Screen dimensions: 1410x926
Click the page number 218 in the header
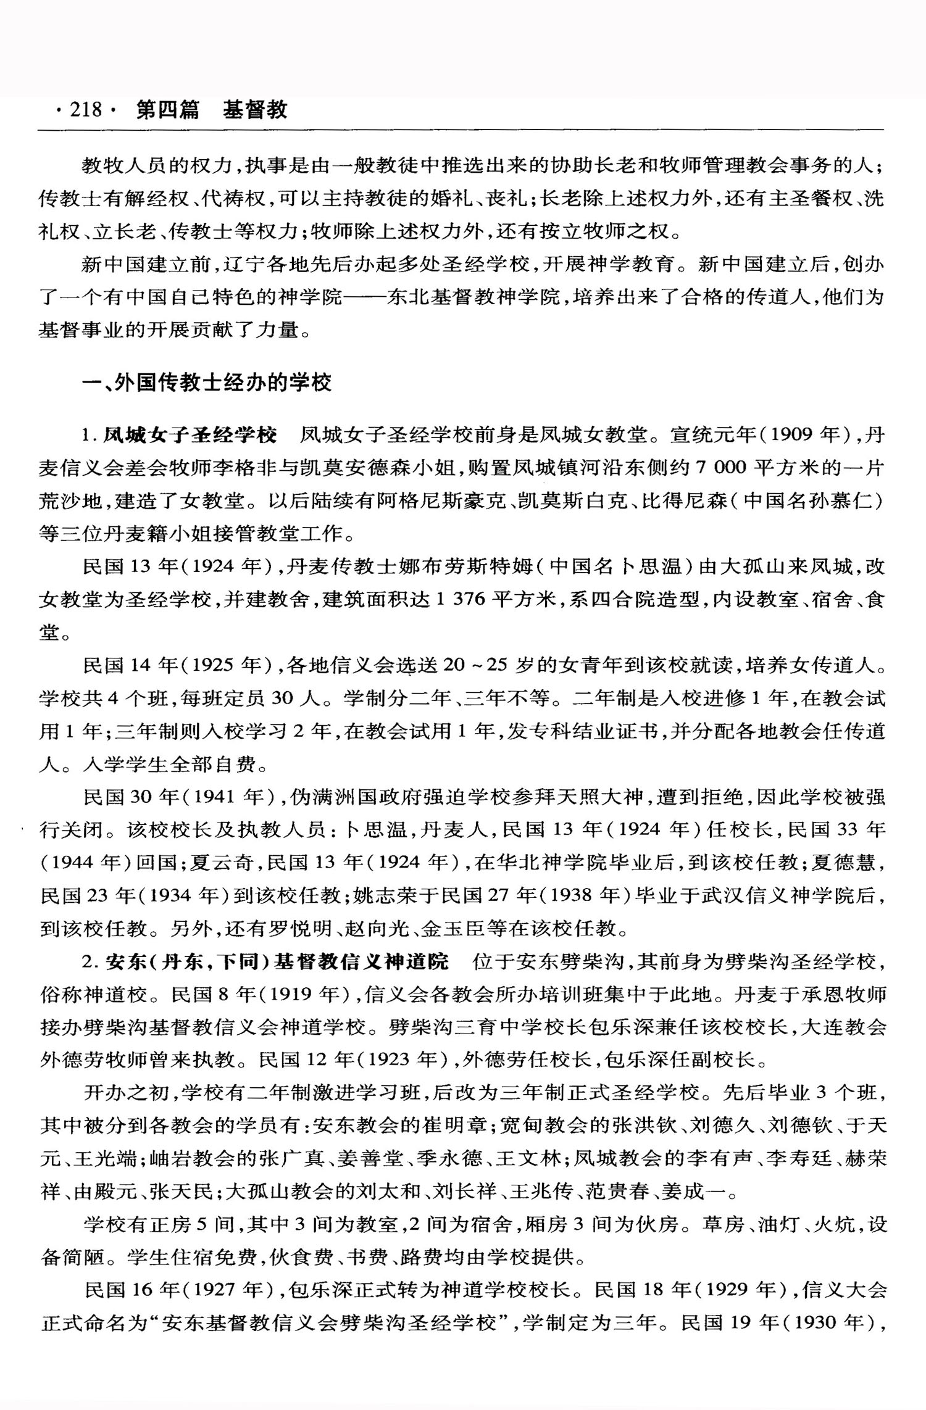pyautogui.click(x=86, y=111)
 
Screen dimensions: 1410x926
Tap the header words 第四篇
pyautogui.click(x=167, y=111)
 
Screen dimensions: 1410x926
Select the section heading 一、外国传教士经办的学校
pyautogui.click(x=207, y=383)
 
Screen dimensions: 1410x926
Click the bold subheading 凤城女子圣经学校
pyautogui.click(x=190, y=436)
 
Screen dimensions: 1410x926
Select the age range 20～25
pyautogui.click(x=476, y=665)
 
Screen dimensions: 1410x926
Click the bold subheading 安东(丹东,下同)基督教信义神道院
pyautogui.click(x=276, y=961)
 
